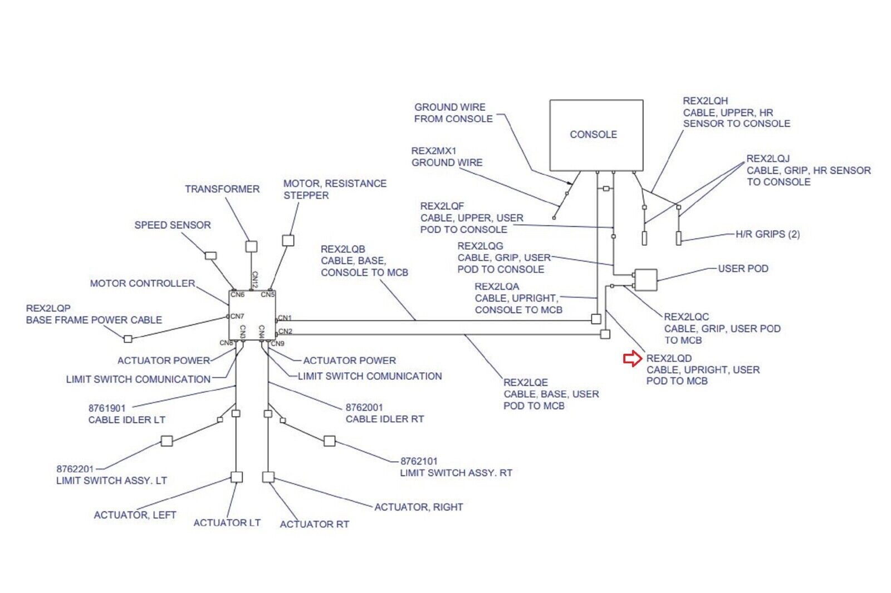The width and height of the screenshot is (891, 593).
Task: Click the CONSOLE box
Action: click(x=596, y=135)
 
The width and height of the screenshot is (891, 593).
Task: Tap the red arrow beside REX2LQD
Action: click(x=633, y=359)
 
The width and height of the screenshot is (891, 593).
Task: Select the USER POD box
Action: click(x=645, y=280)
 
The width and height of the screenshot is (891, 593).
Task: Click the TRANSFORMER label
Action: click(x=222, y=189)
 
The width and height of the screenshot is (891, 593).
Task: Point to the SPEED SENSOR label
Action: click(x=173, y=225)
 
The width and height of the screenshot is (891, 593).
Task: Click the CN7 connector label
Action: click(x=237, y=316)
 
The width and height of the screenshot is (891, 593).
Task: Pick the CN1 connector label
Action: click(x=285, y=318)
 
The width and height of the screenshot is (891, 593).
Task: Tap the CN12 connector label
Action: click(x=254, y=280)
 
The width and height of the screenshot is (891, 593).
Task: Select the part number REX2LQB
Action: click(x=343, y=249)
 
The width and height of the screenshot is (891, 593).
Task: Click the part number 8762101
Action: click(x=419, y=461)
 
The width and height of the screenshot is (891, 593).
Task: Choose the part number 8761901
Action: click(x=107, y=408)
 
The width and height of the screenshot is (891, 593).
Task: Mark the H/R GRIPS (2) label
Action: click(x=767, y=234)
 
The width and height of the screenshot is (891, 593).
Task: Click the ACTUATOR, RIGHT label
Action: click(x=419, y=507)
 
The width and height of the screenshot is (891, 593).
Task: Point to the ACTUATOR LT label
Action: click(x=227, y=523)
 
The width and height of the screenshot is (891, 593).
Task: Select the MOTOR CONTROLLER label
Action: click(x=143, y=284)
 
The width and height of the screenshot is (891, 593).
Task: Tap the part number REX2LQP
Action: click(x=48, y=308)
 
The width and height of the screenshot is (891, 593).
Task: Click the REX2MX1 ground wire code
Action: click(x=434, y=151)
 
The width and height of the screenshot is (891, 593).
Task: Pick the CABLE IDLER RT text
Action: click(x=385, y=419)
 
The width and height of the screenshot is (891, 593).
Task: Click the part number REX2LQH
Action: click(x=706, y=101)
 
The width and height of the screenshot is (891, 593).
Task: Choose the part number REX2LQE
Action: click(x=526, y=383)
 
